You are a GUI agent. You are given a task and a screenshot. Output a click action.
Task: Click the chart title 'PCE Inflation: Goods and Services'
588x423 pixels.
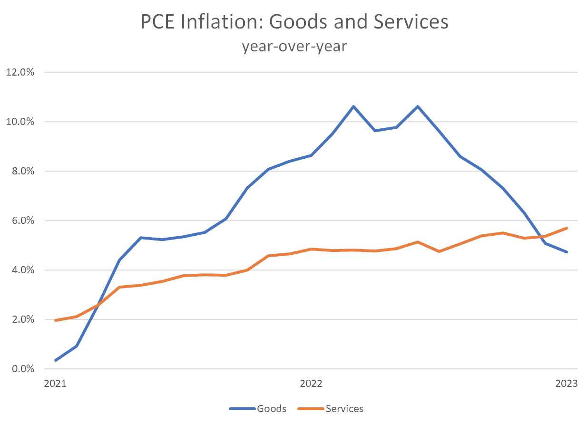pos(294,22)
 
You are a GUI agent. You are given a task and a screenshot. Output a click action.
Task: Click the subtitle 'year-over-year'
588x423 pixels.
pos(294,47)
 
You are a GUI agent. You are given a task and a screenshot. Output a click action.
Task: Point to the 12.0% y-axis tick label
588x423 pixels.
pos(20,73)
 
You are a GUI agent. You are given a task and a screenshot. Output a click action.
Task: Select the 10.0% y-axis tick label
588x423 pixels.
pos(20,122)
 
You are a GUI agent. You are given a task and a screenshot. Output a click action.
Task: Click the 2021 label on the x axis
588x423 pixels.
pos(55,384)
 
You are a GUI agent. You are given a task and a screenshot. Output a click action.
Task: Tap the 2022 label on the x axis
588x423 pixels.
pos(311,384)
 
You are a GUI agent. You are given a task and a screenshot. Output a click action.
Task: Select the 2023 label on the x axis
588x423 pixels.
pos(567,384)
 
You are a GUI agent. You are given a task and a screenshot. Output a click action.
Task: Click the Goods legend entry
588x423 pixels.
pos(258,409)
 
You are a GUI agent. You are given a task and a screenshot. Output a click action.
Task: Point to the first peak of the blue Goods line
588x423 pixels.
pos(353,106)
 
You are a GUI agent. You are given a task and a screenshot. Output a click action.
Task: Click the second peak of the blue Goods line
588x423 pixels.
pos(418,106)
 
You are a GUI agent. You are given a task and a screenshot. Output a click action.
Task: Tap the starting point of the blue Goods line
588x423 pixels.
pos(56,360)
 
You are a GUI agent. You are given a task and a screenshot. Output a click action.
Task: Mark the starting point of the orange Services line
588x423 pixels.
pos(56,320)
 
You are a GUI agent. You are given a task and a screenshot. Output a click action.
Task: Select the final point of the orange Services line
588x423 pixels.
pos(567,228)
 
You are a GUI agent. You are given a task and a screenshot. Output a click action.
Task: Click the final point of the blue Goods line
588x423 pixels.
pos(567,252)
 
